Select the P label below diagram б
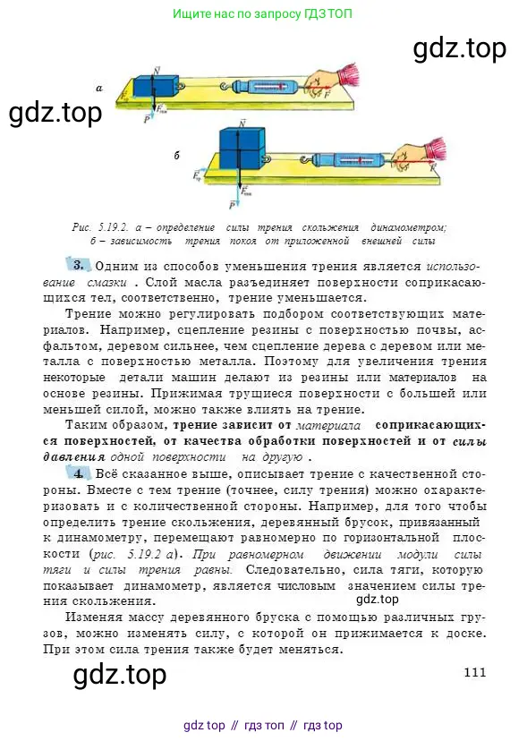233,205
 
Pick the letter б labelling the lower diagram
177,157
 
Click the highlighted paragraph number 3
79,265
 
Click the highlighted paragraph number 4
79,472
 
